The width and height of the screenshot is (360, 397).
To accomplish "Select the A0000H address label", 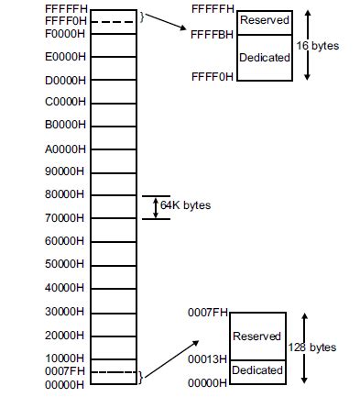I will (x=66, y=148).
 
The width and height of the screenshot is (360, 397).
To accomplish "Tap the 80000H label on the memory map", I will (x=66, y=194).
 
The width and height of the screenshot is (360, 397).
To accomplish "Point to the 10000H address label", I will (x=66, y=358).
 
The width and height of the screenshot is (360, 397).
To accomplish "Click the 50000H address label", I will (x=66, y=264).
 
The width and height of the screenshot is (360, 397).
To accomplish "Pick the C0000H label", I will (x=66, y=101).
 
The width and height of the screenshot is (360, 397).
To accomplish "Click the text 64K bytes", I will (x=185, y=205).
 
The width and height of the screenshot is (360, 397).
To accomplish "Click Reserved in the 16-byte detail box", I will (x=264, y=19).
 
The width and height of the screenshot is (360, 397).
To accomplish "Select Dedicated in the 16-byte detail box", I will (x=264, y=57).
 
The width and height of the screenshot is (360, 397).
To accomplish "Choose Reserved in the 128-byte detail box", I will (x=256, y=336).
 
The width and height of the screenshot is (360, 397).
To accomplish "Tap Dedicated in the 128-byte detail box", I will (x=256, y=371).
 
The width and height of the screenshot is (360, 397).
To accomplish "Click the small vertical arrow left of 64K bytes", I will (x=155, y=206).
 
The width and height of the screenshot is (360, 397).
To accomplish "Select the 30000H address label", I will (x=66, y=311).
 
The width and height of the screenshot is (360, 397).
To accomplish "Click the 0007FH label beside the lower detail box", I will (x=209, y=314).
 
